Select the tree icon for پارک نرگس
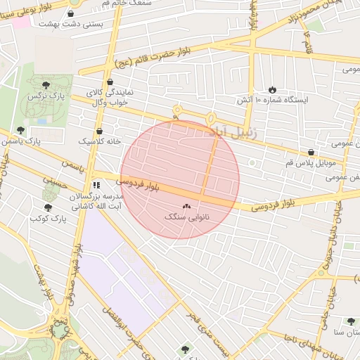tap(46, 84)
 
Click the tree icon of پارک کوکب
tap(47, 207)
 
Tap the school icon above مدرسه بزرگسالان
tap(96, 186)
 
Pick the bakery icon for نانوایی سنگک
tap(186, 207)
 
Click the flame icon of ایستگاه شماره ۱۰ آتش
tap(272, 90)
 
